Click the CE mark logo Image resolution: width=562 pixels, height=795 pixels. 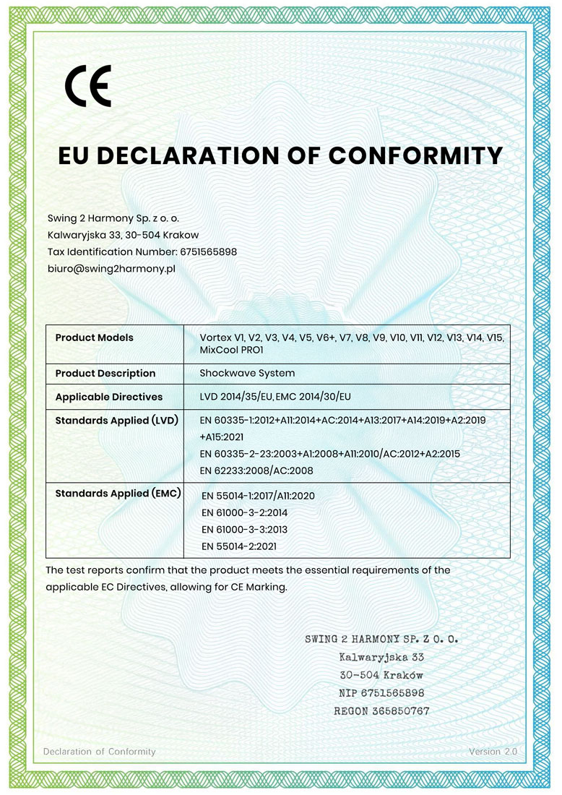(88, 86)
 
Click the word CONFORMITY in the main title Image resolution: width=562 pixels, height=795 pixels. (415, 155)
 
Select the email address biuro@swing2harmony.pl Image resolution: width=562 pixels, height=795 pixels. (111, 268)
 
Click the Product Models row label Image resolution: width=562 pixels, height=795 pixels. (94, 338)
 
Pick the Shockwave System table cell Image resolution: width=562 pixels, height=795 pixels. (247, 373)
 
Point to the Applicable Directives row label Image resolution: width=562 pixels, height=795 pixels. (109, 397)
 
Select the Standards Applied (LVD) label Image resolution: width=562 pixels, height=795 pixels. (116, 420)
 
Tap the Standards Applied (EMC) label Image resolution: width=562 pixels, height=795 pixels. (118, 494)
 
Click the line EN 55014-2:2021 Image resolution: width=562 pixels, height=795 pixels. (239, 546)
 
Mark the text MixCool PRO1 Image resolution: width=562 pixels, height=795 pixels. (231, 350)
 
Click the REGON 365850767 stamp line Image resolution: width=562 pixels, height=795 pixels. (381, 711)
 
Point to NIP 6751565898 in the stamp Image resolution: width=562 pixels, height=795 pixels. (381, 693)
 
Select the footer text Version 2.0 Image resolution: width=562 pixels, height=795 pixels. (493, 752)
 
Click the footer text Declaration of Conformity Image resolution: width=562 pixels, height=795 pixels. (100, 752)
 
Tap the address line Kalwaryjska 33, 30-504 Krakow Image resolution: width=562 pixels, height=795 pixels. (123, 235)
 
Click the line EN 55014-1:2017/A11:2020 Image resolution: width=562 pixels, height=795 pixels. (259, 496)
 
